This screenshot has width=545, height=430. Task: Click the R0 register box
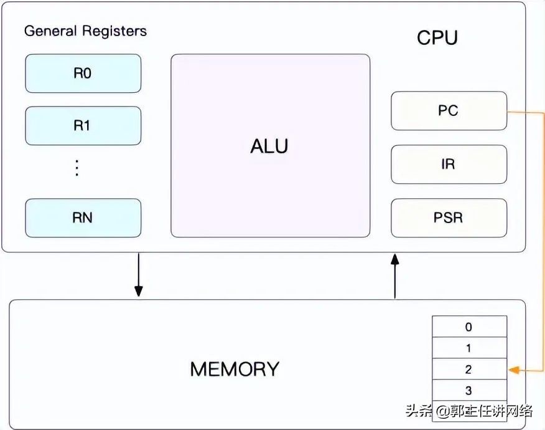[83, 74]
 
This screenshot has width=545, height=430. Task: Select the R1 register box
[83, 126]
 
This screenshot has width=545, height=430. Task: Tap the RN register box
[83, 218]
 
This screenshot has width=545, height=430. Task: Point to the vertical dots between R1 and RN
[77, 168]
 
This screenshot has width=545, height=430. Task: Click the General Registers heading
[85, 31]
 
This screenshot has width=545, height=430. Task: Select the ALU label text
[269, 146]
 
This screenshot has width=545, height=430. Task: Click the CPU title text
[437, 38]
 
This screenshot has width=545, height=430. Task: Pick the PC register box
[449, 111]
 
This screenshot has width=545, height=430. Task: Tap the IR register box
[449, 165]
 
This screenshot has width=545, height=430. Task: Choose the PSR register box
[449, 218]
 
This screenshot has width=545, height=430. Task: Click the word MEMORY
[235, 369]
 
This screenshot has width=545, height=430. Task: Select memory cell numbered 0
[469, 327]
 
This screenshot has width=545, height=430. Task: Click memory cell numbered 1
[469, 348]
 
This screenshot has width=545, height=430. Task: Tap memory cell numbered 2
[469, 370]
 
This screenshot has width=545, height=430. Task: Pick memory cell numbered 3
[469, 391]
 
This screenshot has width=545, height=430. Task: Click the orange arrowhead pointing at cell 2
[513, 370]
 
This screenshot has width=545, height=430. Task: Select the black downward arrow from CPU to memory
[138, 274]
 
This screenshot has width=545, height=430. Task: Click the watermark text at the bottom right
[469, 411]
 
